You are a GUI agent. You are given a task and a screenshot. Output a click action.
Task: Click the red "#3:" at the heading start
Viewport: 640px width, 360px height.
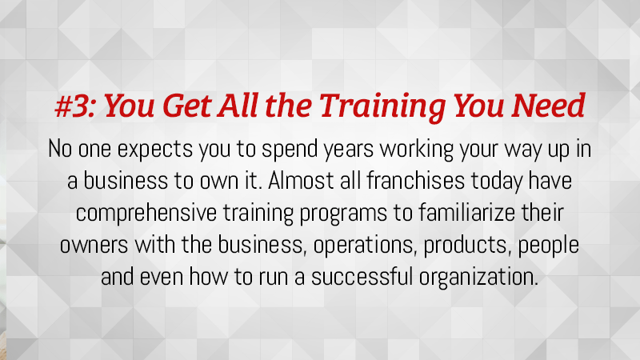point(76,106)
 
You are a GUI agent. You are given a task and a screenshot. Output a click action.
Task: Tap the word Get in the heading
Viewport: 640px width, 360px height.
point(186,106)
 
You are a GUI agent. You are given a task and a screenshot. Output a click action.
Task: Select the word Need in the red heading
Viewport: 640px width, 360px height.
point(548,106)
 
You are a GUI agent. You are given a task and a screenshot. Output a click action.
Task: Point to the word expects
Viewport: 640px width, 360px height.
point(155,150)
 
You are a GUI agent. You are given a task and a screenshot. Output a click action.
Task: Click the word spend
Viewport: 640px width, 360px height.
point(290,150)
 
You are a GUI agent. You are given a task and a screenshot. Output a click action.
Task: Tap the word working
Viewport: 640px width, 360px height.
point(417,150)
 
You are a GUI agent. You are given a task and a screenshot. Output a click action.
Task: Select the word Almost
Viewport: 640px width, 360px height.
point(302,181)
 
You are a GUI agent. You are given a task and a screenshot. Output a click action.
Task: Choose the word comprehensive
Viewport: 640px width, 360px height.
point(146,214)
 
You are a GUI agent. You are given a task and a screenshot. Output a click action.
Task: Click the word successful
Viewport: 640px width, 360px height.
point(362,277)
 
